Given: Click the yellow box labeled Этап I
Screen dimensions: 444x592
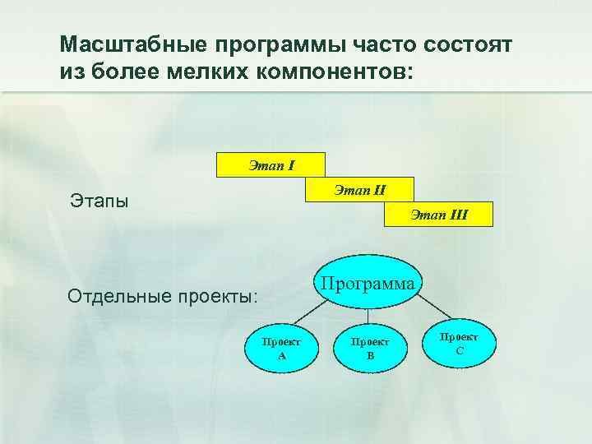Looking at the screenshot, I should tap(271, 164).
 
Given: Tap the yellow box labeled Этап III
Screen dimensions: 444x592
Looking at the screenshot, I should tap(439, 214).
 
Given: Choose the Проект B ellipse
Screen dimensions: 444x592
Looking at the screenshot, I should tap(370, 349).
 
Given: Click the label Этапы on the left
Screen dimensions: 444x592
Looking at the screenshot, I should tap(99, 201).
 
